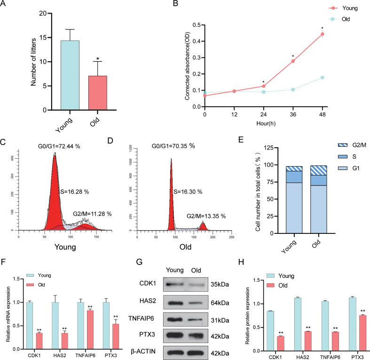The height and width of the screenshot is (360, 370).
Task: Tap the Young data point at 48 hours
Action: coord(323,34)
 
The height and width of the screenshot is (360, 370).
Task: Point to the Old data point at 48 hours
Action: coord(323,78)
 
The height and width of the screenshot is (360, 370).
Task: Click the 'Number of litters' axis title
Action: coord(33,61)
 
